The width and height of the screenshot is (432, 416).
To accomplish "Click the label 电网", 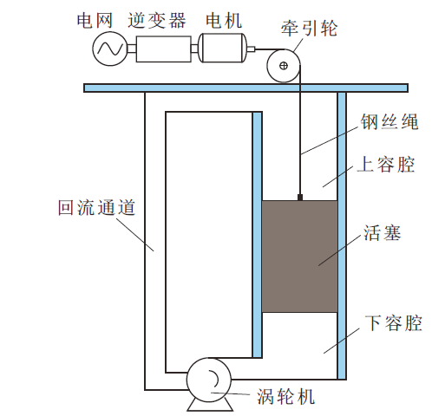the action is (95, 21).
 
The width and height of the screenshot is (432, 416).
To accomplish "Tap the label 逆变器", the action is (157, 21).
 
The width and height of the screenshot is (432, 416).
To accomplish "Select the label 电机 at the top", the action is (224, 21).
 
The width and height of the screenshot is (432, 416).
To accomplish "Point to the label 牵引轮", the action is (310, 29).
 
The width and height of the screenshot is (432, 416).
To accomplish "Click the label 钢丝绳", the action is (389, 121).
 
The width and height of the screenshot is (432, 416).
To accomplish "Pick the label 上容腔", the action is (386, 164).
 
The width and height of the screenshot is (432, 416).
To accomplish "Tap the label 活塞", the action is (383, 233).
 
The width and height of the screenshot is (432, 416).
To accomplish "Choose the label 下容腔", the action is (393, 322).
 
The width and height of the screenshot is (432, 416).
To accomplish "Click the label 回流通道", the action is (97, 207).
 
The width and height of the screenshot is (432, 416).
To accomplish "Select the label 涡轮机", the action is (285, 396).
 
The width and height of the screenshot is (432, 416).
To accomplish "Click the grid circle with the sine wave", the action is (110, 49).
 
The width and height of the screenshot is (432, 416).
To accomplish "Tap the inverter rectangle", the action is (164, 49).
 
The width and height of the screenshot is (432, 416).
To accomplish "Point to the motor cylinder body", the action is (223, 48).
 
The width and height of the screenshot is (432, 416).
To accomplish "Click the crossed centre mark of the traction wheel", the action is (284, 66).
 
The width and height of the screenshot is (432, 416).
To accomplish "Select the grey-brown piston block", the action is (300, 257).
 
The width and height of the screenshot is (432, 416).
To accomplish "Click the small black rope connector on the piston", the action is (300, 198).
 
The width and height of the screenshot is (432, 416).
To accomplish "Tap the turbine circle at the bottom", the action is (209, 380).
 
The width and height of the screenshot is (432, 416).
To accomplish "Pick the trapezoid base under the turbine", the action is (210, 405).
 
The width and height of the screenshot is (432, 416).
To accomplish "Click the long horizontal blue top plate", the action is (245, 88).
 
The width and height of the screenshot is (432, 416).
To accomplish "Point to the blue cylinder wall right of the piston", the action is (342, 236).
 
